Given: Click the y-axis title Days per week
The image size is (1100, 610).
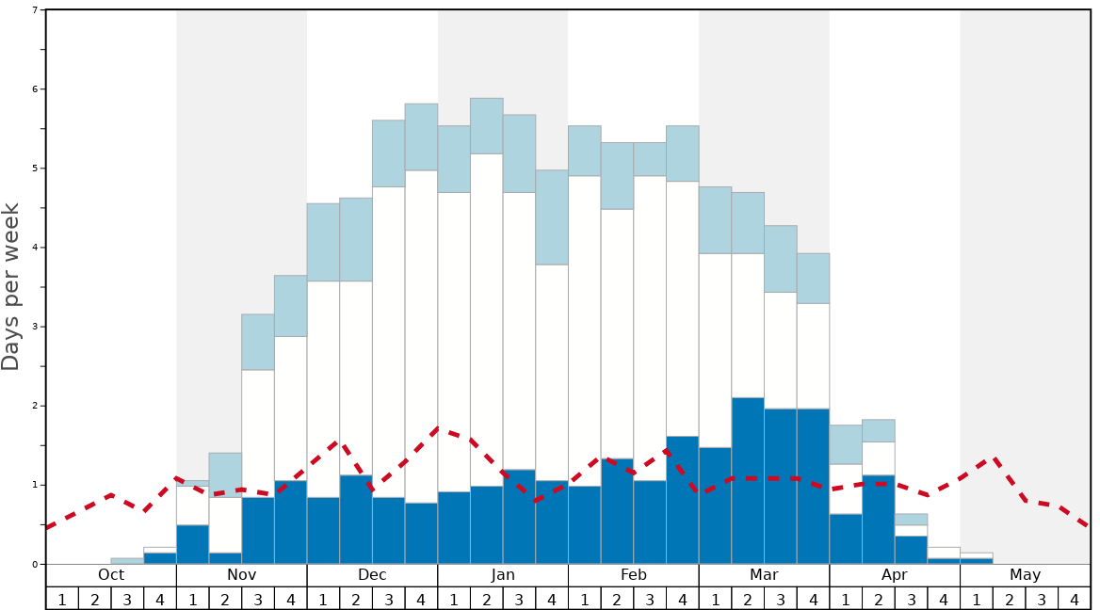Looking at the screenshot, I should (11, 286).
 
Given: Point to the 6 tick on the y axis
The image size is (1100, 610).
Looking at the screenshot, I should (36, 89).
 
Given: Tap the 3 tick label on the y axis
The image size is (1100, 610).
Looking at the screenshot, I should (36, 327).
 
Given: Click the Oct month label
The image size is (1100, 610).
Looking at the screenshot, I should (111, 575).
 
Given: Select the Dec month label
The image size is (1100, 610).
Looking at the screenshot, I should (372, 575).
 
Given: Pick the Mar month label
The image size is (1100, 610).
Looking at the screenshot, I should (764, 575).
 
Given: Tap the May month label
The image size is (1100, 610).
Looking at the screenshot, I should (1026, 575).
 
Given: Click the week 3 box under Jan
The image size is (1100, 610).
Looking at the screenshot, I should (519, 598).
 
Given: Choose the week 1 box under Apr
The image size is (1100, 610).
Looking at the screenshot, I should (846, 598).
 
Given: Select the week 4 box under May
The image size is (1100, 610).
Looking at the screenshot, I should (1075, 598).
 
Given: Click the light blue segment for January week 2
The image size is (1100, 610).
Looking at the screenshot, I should (487, 126).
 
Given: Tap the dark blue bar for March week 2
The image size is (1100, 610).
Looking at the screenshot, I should (748, 480).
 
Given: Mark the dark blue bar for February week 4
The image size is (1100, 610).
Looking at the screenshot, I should (683, 500).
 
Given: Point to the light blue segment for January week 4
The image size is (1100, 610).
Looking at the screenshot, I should (552, 217).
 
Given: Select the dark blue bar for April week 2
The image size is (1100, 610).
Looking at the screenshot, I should (879, 520).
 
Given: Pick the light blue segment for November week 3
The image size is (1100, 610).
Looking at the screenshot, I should (258, 342).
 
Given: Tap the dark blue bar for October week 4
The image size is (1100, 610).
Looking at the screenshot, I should (160, 558).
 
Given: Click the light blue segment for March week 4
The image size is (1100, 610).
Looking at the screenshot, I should (814, 278).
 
